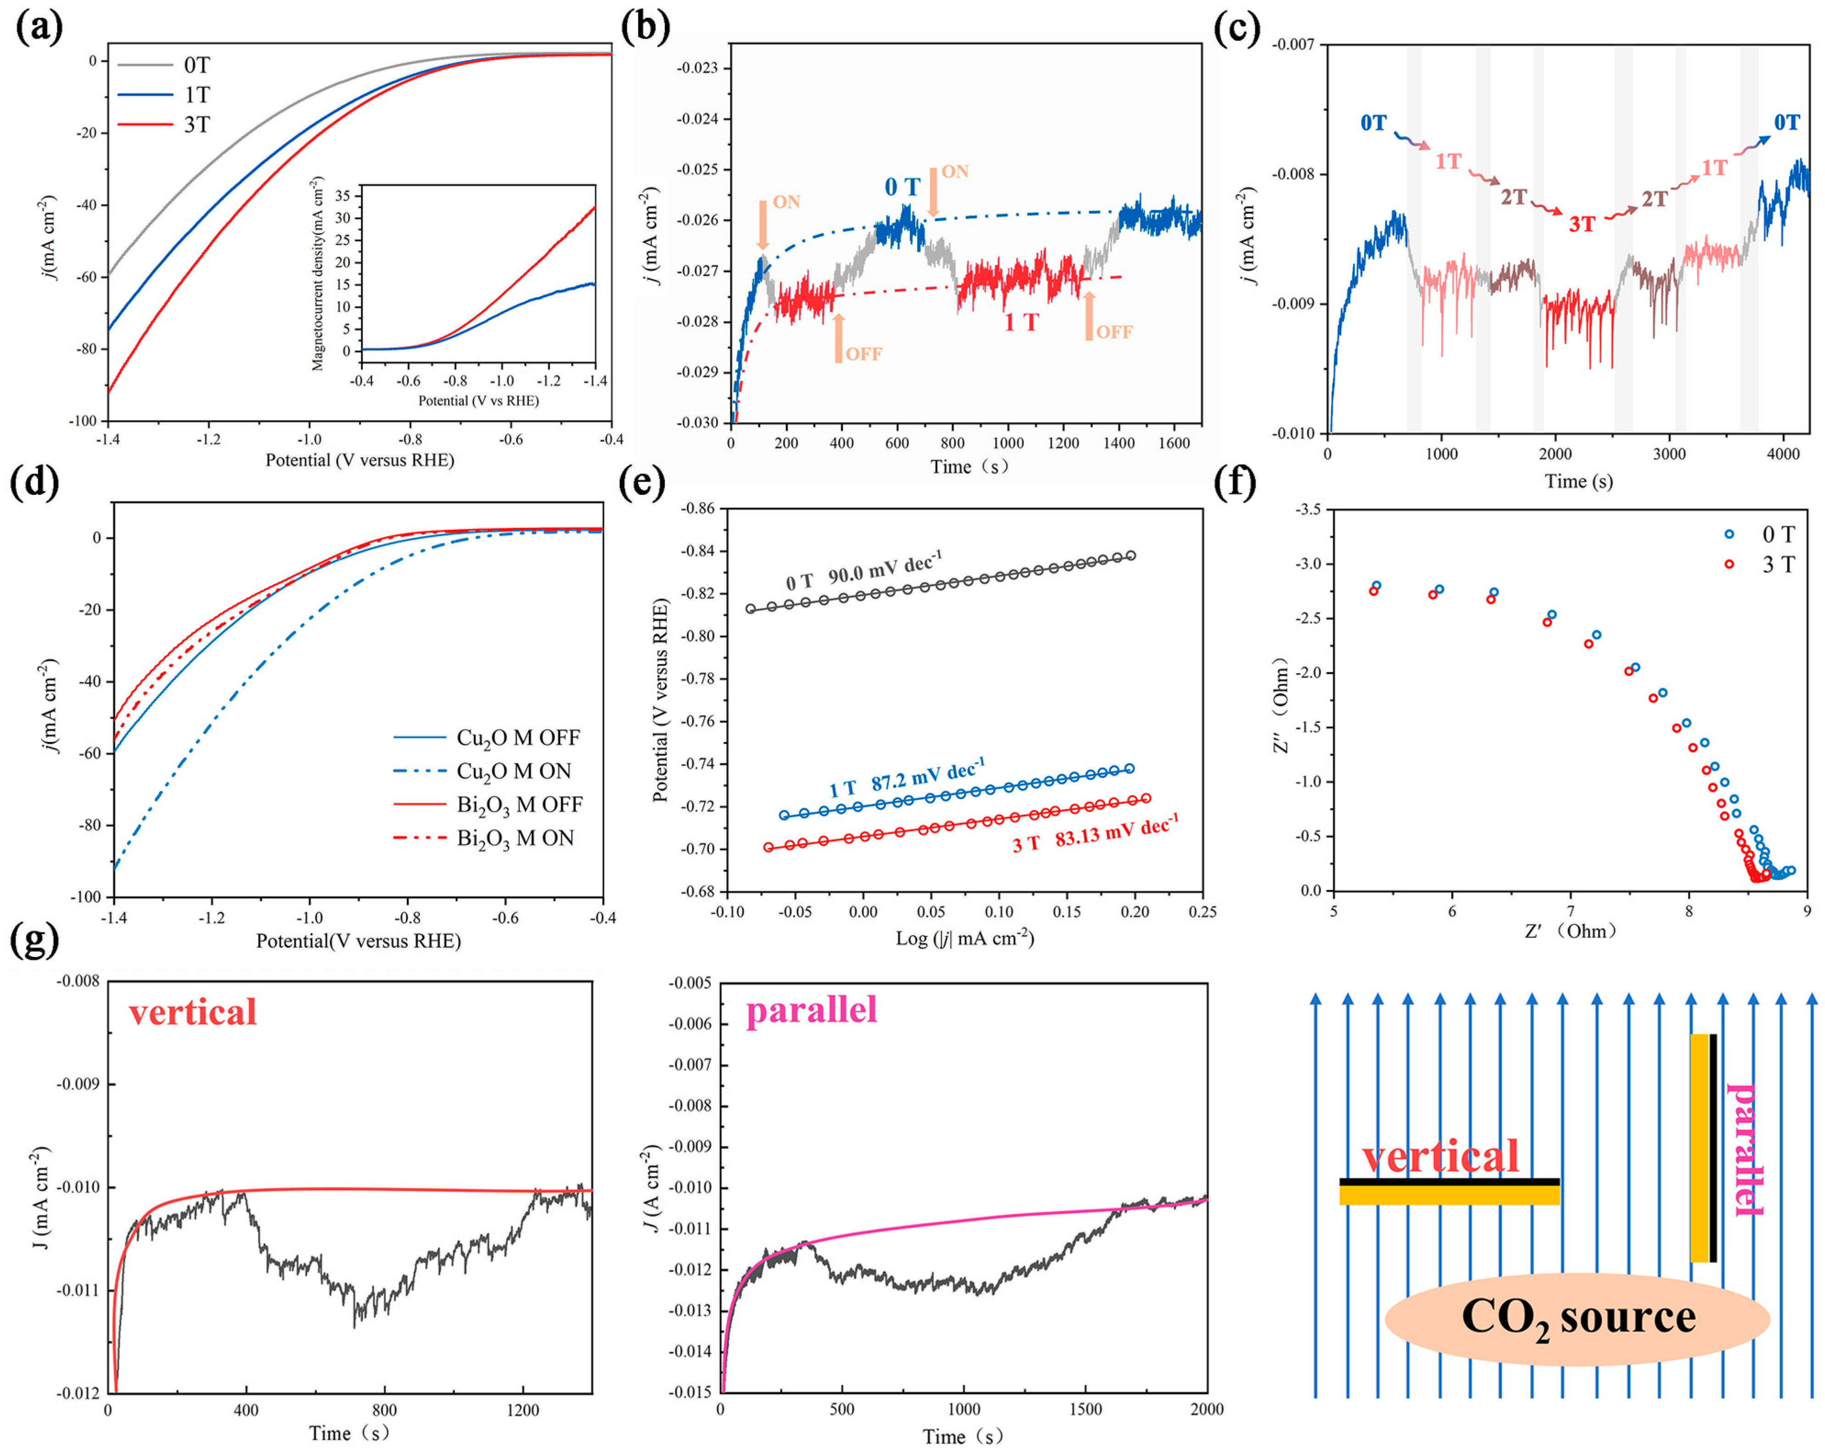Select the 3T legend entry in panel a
pyautogui.click(x=196, y=125)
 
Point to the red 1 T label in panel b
pyautogui.click(x=1021, y=322)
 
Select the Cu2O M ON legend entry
pyautogui.click(x=514, y=771)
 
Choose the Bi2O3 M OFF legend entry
pyautogui.click(x=519, y=804)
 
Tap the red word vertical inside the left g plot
pyautogui.click(x=193, y=1012)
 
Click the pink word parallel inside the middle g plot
pyautogui.click(x=811, y=1009)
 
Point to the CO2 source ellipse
pyautogui.click(x=1577, y=1319)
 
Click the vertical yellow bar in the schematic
pyautogui.click(x=1699, y=1147)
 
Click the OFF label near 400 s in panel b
pyautogui.click(x=863, y=354)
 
